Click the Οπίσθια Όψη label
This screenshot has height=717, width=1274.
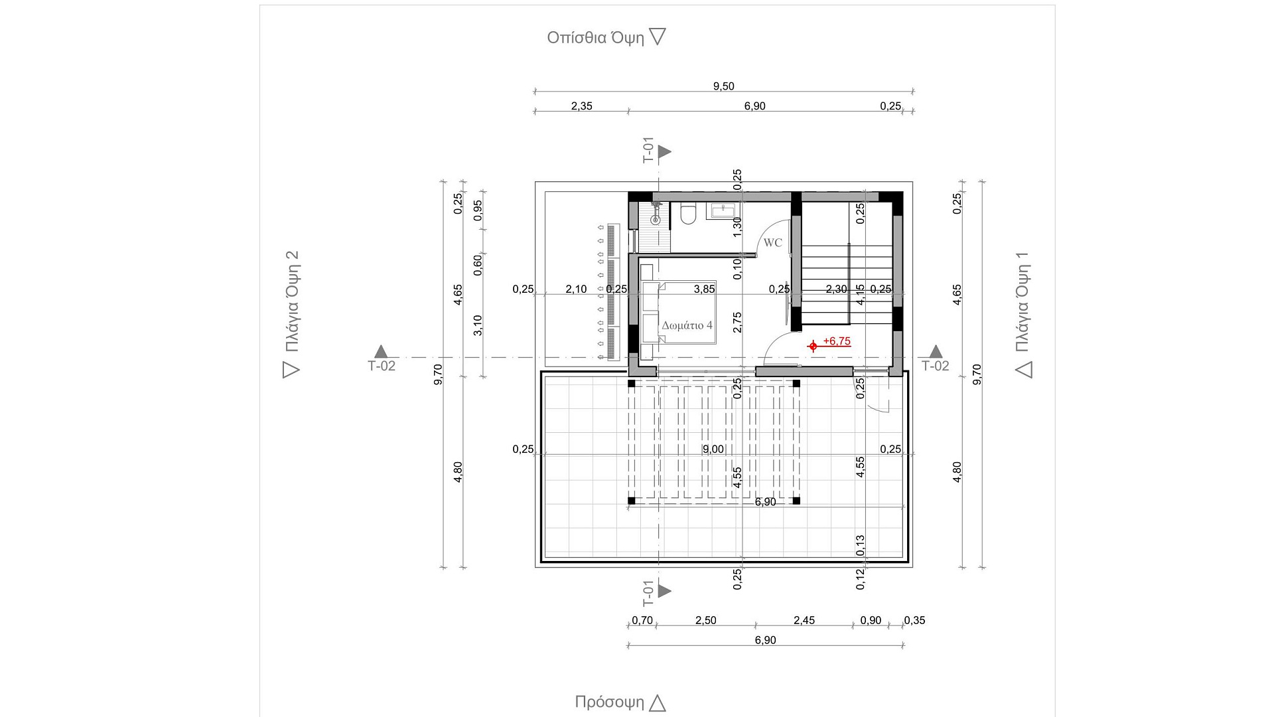595,38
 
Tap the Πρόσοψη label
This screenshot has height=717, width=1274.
609,702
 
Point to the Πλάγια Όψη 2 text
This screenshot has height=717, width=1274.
292,301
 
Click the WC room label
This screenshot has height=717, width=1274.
772,243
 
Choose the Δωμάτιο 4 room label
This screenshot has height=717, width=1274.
687,325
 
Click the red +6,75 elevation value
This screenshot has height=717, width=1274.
837,341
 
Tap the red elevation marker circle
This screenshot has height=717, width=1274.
813,346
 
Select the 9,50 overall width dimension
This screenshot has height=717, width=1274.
723,86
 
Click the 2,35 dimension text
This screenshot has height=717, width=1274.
581,106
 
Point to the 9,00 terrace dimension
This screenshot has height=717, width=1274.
713,449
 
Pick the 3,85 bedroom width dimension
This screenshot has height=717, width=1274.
704,289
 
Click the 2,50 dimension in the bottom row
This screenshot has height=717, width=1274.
705,620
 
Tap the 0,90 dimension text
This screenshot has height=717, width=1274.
871,620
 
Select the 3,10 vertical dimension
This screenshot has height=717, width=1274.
478,325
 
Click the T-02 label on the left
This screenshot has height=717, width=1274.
382,366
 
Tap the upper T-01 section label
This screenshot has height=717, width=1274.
648,150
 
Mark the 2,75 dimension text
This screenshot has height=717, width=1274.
737,323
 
